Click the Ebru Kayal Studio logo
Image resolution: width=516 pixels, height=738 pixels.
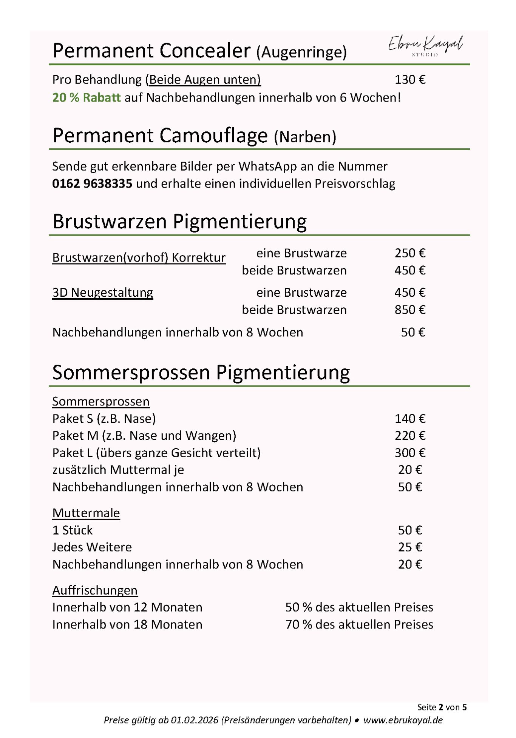[425, 45]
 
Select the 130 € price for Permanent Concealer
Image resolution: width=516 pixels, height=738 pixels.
[410, 80]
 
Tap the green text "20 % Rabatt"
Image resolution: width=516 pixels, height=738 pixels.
[86, 97]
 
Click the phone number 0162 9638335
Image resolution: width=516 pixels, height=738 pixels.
[92, 184]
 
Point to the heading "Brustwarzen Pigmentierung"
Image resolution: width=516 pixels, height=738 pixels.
[179, 221]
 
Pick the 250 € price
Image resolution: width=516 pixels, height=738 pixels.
[410, 253]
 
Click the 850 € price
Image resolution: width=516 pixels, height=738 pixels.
[410, 310]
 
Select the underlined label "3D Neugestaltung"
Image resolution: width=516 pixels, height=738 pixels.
[102, 293]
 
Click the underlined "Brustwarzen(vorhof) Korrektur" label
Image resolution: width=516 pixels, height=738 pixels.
[139, 257]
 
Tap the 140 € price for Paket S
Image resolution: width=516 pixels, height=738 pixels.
[410, 419]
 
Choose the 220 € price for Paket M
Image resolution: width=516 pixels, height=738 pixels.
[410, 436]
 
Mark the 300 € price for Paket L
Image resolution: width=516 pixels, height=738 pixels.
[410, 453]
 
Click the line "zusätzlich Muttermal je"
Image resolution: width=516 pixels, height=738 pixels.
[118, 470]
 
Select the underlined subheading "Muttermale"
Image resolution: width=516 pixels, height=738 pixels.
[86, 513]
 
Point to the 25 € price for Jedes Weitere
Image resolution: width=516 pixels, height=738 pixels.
[410, 547]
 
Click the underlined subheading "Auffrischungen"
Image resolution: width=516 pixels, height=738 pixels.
[95, 590]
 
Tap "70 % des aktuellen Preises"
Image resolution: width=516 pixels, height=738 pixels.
[359, 625]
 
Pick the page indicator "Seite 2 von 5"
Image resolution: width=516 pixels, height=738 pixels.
[442, 707]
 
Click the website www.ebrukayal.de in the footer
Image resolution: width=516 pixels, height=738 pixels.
[403, 720]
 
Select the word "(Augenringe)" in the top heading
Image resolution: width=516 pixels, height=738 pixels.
[301, 52]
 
